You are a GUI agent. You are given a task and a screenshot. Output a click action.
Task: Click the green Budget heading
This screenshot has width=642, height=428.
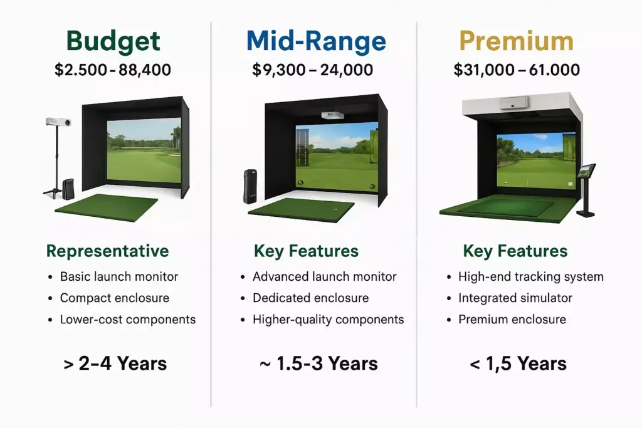113,41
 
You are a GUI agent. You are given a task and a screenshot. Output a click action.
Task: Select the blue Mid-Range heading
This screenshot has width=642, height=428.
316,41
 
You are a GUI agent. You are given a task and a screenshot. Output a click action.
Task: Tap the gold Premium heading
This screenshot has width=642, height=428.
516,41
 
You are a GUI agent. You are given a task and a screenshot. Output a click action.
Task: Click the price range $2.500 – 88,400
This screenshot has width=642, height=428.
113,70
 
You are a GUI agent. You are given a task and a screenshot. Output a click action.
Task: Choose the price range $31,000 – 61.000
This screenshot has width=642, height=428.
517,70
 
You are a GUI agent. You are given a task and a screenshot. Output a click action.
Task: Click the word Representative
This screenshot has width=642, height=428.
108,251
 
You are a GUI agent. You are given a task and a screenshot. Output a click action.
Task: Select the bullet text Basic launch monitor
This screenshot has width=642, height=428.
119,276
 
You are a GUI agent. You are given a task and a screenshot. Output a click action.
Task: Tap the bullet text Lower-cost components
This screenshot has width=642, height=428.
128,319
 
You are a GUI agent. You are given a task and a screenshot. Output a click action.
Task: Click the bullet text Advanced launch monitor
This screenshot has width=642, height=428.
325,276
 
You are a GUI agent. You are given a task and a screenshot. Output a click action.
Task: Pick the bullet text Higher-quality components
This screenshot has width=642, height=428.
329,319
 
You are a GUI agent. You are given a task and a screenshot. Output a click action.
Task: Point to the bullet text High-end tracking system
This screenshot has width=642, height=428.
531,276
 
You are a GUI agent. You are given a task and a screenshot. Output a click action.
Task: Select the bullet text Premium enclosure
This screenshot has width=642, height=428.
512,319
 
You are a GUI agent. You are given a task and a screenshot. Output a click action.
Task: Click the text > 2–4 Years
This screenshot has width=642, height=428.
115,363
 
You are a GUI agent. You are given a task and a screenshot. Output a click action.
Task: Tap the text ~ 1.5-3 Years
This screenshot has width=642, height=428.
318,363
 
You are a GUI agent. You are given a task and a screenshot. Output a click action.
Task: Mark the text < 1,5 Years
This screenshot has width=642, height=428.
518,363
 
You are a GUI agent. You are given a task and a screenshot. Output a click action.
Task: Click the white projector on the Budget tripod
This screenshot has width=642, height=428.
58,122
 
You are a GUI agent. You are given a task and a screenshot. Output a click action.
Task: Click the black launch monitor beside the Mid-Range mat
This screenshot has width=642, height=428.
250,185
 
